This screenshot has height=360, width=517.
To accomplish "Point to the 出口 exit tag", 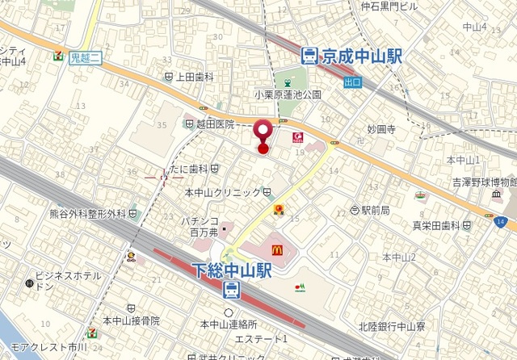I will pos(352,82).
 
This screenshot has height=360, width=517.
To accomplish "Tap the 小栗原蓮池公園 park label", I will pos(288,94).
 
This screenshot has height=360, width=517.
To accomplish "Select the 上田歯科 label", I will pos(194,77).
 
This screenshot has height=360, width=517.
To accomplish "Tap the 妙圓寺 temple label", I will pos(380,129).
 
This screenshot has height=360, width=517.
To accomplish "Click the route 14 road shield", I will pos(502,222).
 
